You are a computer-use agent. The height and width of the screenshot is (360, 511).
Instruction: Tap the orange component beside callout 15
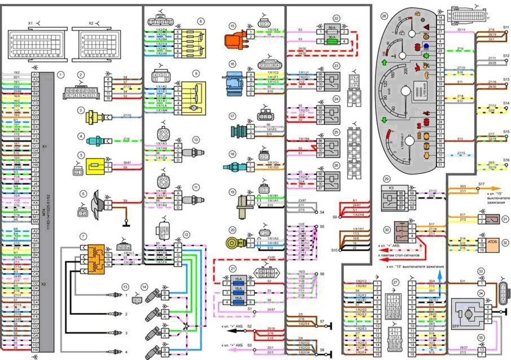coord(235,42)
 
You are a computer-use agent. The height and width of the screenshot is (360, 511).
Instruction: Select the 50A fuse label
coord(331,27)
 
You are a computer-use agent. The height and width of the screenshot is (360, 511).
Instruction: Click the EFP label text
coord(456,326)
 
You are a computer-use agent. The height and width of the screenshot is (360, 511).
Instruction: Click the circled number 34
coord(482,292)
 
